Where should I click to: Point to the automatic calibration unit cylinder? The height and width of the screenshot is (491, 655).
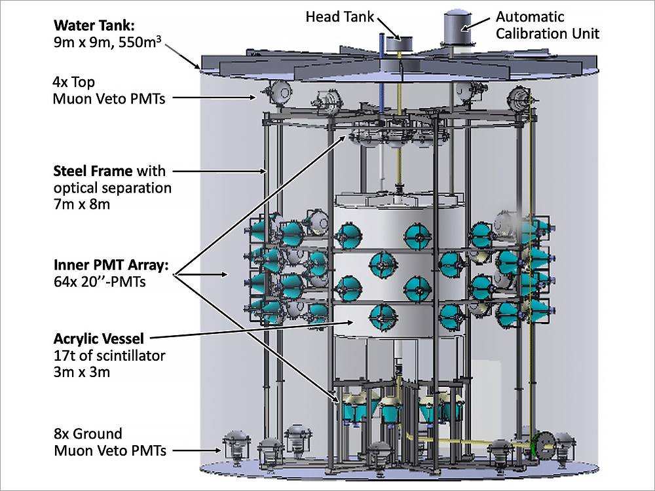click(457, 27)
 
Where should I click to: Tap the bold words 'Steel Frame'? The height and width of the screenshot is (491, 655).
click(92, 172)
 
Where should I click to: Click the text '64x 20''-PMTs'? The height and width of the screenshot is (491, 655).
click(98, 283)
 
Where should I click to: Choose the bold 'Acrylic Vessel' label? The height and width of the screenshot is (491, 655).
click(99, 339)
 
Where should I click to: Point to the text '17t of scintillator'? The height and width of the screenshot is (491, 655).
click(109, 356)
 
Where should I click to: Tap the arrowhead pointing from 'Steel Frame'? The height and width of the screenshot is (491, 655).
click(265, 172)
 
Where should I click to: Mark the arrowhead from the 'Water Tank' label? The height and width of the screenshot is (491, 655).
click(200, 67)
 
